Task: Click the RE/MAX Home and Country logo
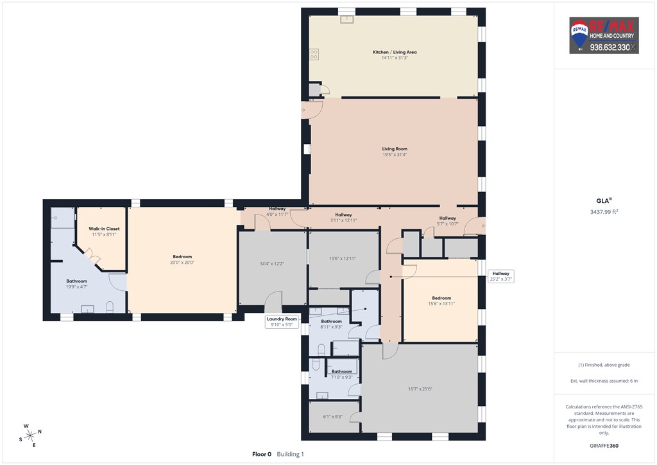[604, 35]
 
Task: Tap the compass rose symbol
[30, 435]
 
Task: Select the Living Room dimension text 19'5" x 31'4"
[395, 155]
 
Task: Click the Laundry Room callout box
[282, 322]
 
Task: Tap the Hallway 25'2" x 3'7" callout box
[500, 276]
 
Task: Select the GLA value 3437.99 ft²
[604, 212]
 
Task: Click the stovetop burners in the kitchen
[314, 54]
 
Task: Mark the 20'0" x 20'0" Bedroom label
[182, 259]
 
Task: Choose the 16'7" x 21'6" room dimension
[420, 389]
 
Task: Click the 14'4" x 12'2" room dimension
[272, 264]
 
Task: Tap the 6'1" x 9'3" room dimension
[333, 417]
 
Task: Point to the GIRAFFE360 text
[604, 446]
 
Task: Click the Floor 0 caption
[262, 454]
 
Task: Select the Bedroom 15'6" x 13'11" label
[441, 301]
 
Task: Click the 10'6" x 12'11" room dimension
[343, 259]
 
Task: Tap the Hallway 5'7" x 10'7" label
[447, 221]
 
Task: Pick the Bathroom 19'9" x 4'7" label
[77, 284]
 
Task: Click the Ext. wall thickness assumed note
[604, 381]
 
